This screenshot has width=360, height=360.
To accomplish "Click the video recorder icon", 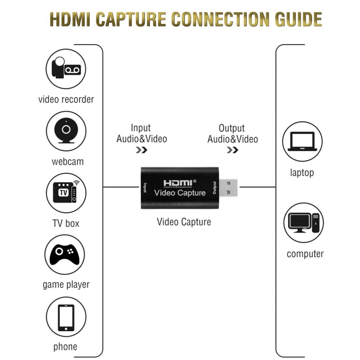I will point(66,69).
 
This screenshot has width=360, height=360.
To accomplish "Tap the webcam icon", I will point(66,131).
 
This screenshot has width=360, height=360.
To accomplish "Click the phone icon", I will point(66,317).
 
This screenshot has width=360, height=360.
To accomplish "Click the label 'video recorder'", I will point(66,99).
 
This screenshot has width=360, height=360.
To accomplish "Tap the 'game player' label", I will point(66,285).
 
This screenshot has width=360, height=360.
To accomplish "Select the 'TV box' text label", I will point(66,223).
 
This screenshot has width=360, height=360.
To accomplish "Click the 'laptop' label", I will point(302,172).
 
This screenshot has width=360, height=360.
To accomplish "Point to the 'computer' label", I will point(305,254).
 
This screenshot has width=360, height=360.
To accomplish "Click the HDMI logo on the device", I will point(178,183).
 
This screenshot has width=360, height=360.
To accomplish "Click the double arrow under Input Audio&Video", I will point(141,150).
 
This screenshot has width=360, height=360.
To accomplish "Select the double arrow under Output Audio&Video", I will point(232,150).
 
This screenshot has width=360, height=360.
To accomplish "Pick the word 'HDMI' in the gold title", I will point(70,19).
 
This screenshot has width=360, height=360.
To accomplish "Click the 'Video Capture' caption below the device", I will point(184,222).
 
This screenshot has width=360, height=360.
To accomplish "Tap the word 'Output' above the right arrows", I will point(232,128).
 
